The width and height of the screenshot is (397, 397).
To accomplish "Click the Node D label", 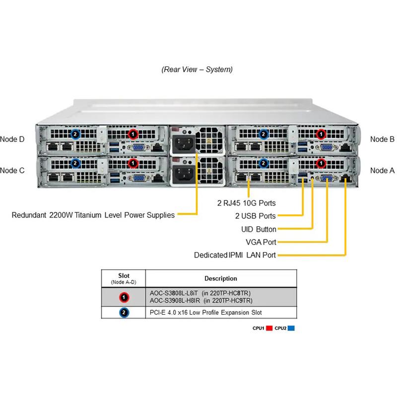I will pos(12,139).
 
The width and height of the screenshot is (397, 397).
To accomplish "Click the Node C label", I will pos(12,170).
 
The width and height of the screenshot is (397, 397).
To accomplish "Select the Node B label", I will pos(382,139).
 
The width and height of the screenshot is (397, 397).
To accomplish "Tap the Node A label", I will pos(382,170).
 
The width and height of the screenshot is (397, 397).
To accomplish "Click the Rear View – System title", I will pos(197,69).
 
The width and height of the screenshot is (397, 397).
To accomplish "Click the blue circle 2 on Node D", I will pos(75,134).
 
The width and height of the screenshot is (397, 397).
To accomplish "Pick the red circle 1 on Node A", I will pos(321,162).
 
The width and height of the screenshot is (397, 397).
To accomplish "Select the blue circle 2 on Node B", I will pos(264,134).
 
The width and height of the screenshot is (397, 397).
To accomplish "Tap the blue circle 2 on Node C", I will pos(75,162).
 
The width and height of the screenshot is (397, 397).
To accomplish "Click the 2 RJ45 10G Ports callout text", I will pos(246,203).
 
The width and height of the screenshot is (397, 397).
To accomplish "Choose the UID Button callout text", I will pos(259,229).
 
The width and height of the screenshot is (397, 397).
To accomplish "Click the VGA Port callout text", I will pos(261,242).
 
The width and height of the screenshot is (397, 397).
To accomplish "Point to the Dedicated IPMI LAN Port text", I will pos(235,256).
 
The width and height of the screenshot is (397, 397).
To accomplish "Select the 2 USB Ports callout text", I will pos(255,216).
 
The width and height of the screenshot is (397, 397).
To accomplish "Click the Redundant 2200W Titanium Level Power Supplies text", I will pos(93,215).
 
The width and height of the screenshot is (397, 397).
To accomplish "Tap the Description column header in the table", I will pos(220,278).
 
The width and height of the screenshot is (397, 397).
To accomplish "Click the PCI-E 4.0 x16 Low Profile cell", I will pos(205,313).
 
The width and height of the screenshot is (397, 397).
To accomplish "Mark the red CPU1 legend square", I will pos(269,328).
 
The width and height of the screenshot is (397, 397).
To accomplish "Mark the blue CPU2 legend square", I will pos(292,328).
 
